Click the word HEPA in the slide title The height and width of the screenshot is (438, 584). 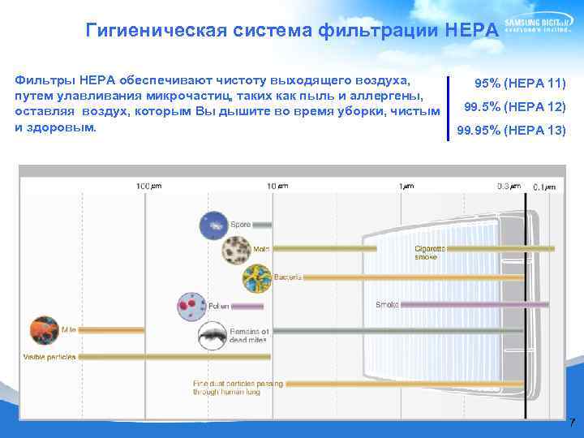coord(472,32)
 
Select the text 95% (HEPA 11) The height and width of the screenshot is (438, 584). coord(519,84)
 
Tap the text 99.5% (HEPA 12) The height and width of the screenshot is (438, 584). coord(514,107)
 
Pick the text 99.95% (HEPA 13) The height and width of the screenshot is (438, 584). coord(511,131)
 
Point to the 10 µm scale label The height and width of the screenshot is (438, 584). coord(277,186)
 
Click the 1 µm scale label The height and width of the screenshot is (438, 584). coord(406,186)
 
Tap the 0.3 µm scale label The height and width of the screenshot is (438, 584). coord(509,186)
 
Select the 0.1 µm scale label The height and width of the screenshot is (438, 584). coord(544,187)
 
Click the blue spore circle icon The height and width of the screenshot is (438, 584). coord(214,224)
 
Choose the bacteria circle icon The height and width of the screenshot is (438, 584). coord(257,278)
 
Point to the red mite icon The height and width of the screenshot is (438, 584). coord(46,328)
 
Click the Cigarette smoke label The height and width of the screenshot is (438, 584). coord(429,252)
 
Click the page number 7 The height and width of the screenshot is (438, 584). coord(572,423)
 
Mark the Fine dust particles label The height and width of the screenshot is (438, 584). coord(237,387)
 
